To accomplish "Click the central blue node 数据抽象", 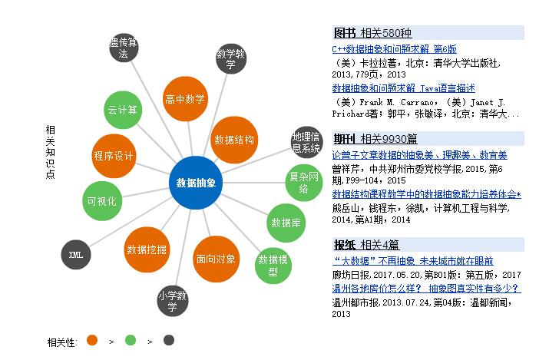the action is click(196, 183).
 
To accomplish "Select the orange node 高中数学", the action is click(185, 99).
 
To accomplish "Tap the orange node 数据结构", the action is click(234, 140).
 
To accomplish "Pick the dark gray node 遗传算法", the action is click(124, 48).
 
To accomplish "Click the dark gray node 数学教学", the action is click(231, 58).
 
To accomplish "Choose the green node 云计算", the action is click(123, 109).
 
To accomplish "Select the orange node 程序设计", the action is click(114, 156).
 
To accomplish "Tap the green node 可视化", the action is click(101, 201).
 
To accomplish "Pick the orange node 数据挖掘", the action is click(147, 249).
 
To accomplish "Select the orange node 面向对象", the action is click(216, 259).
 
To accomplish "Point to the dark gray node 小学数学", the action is click(173, 301).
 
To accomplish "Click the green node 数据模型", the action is click(273, 265).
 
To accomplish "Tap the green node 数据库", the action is click(284, 223).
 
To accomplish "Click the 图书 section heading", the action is click(345, 33).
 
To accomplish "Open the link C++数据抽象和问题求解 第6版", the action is click(394, 48).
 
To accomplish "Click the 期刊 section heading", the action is click(345, 139).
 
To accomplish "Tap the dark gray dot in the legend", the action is click(169, 340).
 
